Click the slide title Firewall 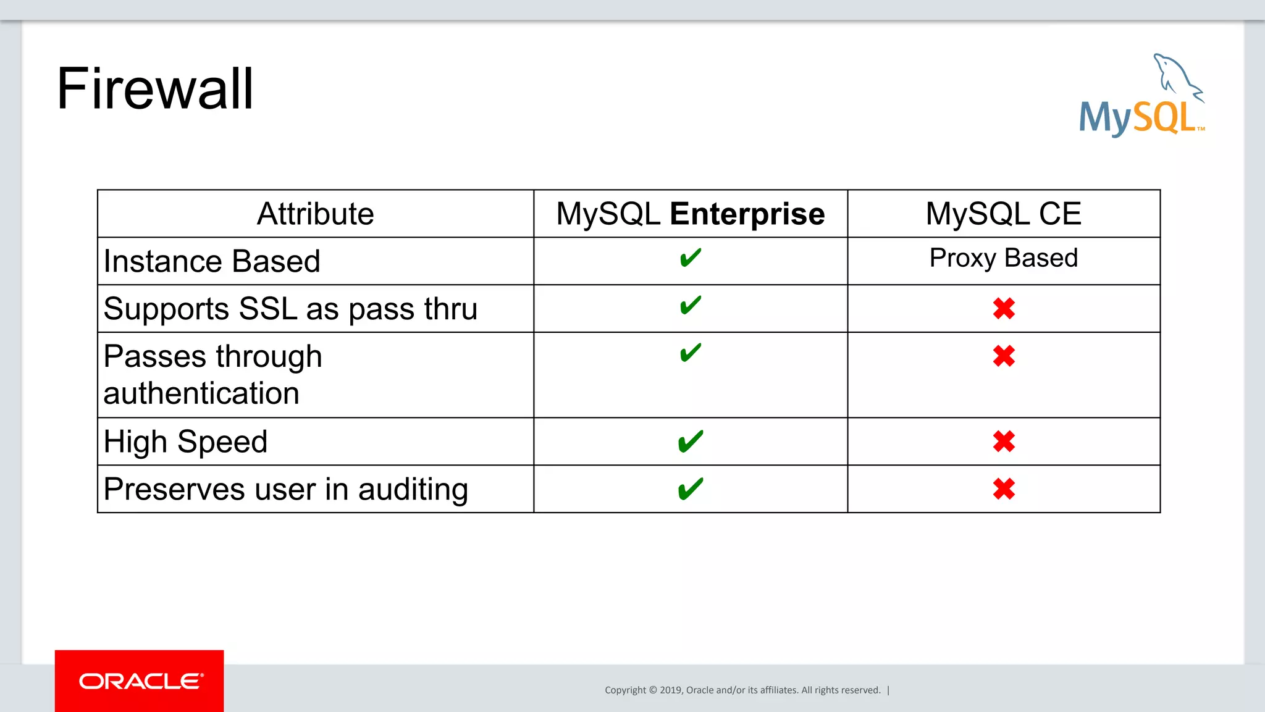(155, 89)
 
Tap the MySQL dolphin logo (1141, 96)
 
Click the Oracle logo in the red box (140, 681)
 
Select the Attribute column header (315, 214)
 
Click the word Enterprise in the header (747, 214)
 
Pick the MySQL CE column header (1003, 214)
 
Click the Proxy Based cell (1003, 258)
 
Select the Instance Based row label (212, 261)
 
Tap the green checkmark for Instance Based (690, 258)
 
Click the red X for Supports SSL (1004, 309)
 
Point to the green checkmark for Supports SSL (690, 305)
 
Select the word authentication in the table (201, 393)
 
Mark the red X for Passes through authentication (1004, 356)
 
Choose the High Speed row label (185, 442)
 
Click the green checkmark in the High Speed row (690, 442)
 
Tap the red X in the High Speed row (1004, 442)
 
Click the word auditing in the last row (413, 490)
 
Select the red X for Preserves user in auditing (1004, 489)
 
